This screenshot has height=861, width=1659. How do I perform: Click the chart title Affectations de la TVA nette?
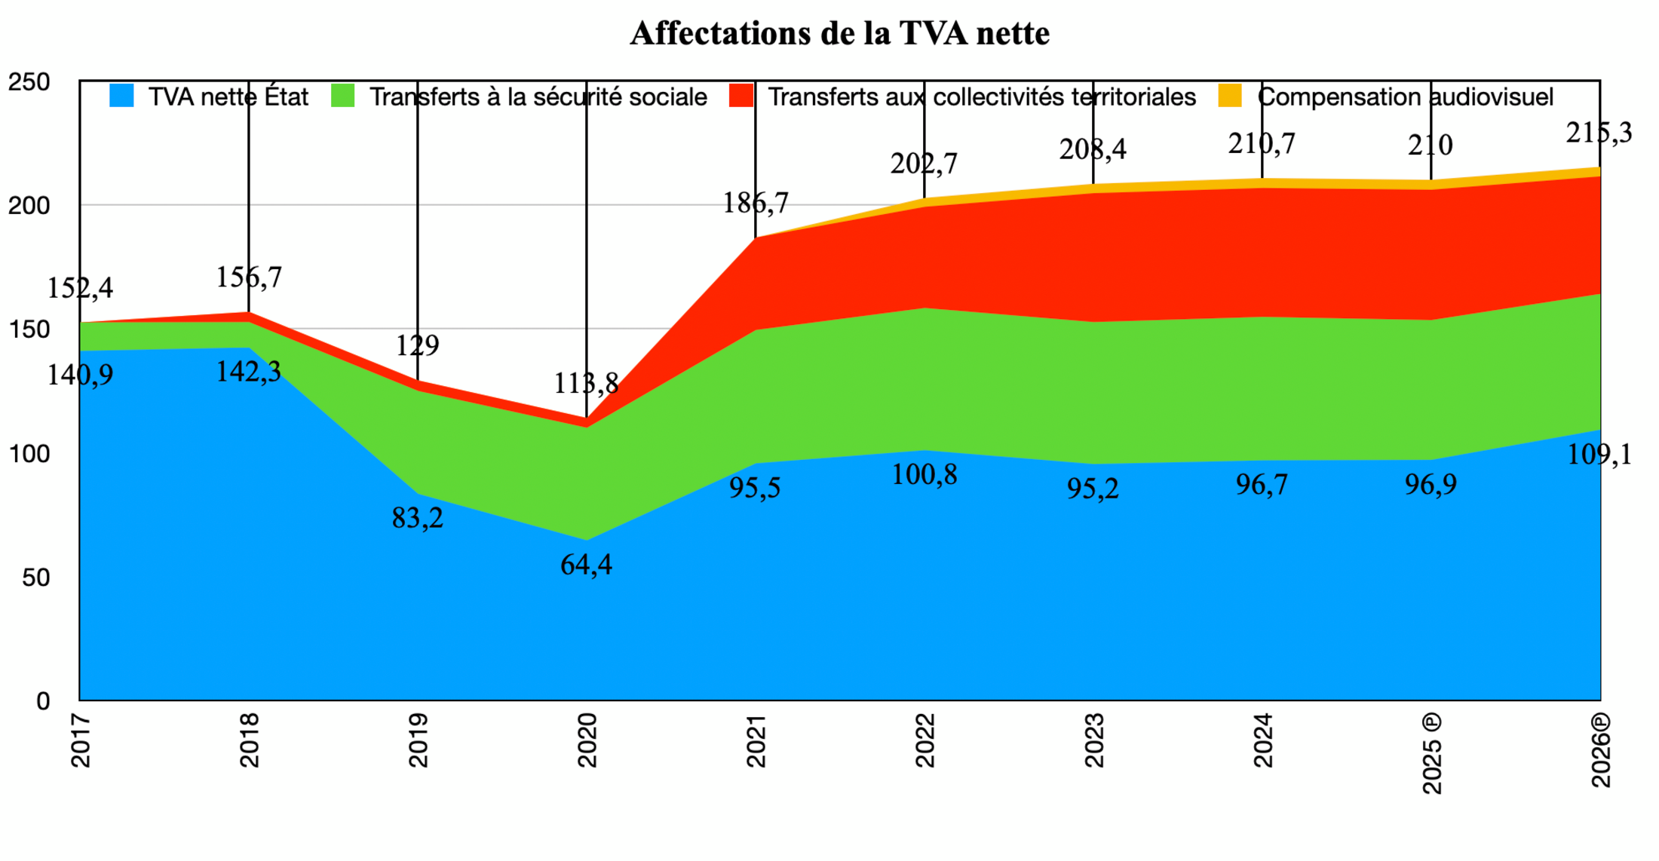pyautogui.click(x=839, y=34)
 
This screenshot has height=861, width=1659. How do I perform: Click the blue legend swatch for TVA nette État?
pyautogui.click(x=121, y=96)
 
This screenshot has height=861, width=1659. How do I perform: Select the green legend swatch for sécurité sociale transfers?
pyautogui.click(x=343, y=96)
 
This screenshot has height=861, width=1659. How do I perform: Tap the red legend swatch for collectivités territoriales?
pyautogui.click(x=741, y=96)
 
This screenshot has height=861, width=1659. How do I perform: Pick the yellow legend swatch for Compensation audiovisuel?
pyautogui.click(x=1230, y=96)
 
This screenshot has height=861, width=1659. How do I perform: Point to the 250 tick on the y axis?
pyautogui.click(x=29, y=81)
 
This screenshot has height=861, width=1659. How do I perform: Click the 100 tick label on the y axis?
pyautogui.click(x=29, y=454)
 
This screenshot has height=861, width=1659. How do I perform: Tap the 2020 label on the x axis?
pyautogui.click(x=587, y=740)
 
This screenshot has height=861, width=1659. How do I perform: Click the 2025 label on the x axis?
pyautogui.click(x=1432, y=754)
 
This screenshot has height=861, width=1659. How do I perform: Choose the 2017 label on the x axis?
pyautogui.click(x=81, y=740)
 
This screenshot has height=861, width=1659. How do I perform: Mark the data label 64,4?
pyautogui.click(x=586, y=565)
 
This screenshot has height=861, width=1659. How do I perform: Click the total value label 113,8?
pyautogui.click(x=586, y=384)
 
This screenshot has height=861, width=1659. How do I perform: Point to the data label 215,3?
pyautogui.click(x=1599, y=133)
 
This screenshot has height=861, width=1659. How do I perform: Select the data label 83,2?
pyautogui.click(x=417, y=518)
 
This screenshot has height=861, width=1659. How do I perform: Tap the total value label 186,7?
pyautogui.click(x=756, y=203)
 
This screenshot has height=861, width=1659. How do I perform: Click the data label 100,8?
pyautogui.click(x=924, y=474)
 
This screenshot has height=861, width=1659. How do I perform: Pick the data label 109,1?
pyautogui.click(x=1599, y=455)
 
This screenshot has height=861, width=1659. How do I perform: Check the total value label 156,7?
pyautogui.click(x=249, y=277)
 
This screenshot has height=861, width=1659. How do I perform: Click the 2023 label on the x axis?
pyautogui.click(x=1094, y=740)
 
